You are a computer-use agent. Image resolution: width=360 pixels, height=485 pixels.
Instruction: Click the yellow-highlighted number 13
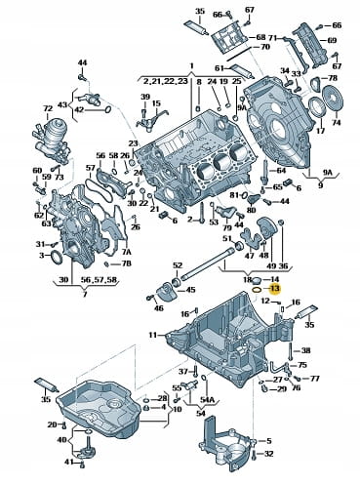coord(275,289)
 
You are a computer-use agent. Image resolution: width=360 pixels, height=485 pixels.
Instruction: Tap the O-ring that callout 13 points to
coord(257,290)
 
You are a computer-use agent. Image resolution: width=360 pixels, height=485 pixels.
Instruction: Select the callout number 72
coord(48,109)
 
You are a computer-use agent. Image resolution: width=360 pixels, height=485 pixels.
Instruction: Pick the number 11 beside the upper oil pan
coord(153,335)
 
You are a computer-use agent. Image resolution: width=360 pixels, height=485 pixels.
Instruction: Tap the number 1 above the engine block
coord(192,66)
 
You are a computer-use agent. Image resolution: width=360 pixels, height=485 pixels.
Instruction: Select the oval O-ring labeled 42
coord(108,110)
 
